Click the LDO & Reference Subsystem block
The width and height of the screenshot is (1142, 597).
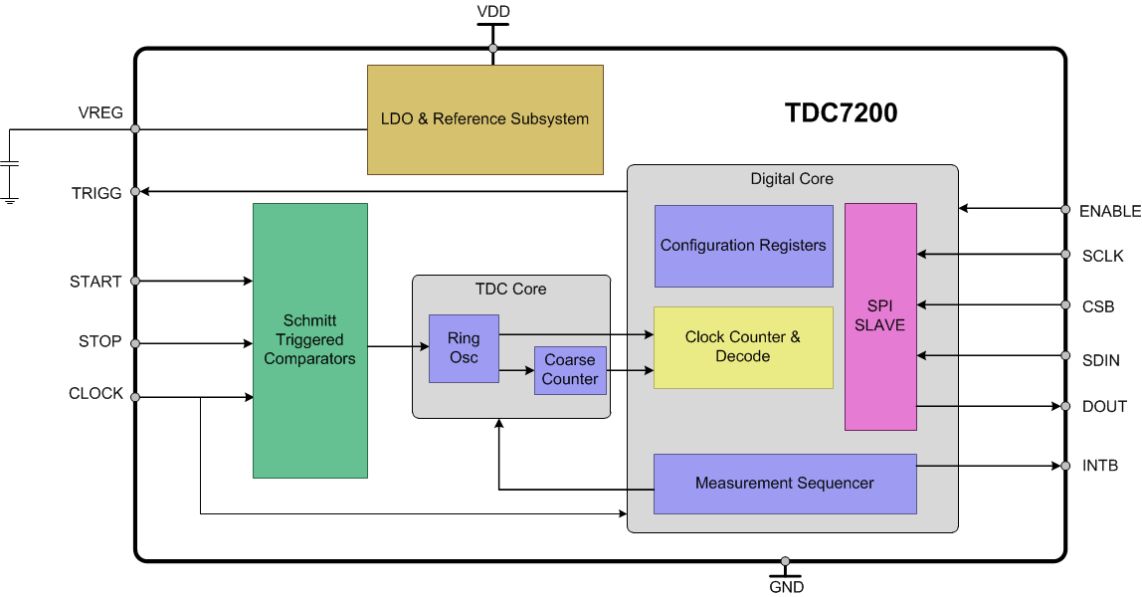pyautogui.click(x=484, y=119)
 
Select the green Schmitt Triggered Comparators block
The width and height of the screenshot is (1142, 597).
pyautogui.click(x=309, y=340)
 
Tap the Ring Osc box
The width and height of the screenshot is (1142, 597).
pyautogui.click(x=464, y=348)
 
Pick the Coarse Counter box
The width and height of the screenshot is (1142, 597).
pyautogui.click(x=570, y=370)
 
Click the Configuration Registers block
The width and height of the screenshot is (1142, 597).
pyautogui.click(x=743, y=246)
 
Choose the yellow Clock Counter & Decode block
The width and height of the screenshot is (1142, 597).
pyautogui.click(x=742, y=347)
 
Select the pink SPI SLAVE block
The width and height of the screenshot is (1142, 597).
pyautogui.click(x=880, y=316)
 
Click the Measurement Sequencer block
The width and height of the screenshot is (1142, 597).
pyautogui.click(x=784, y=484)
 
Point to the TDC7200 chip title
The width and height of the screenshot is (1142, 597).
pyautogui.click(x=841, y=113)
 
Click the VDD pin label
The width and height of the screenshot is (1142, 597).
pyautogui.click(x=492, y=12)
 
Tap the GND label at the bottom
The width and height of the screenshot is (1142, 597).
pyautogui.click(x=786, y=587)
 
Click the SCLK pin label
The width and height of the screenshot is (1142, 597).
pyautogui.click(x=1102, y=257)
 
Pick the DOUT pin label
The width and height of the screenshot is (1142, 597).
pyautogui.click(x=1104, y=407)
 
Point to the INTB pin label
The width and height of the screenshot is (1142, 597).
pyautogui.click(x=1100, y=466)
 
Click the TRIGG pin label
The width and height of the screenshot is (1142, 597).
pyautogui.click(x=96, y=193)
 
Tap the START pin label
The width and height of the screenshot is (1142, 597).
pyautogui.click(x=95, y=283)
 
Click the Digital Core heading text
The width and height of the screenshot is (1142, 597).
pyautogui.click(x=792, y=179)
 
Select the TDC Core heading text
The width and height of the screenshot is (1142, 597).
pyautogui.click(x=510, y=290)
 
